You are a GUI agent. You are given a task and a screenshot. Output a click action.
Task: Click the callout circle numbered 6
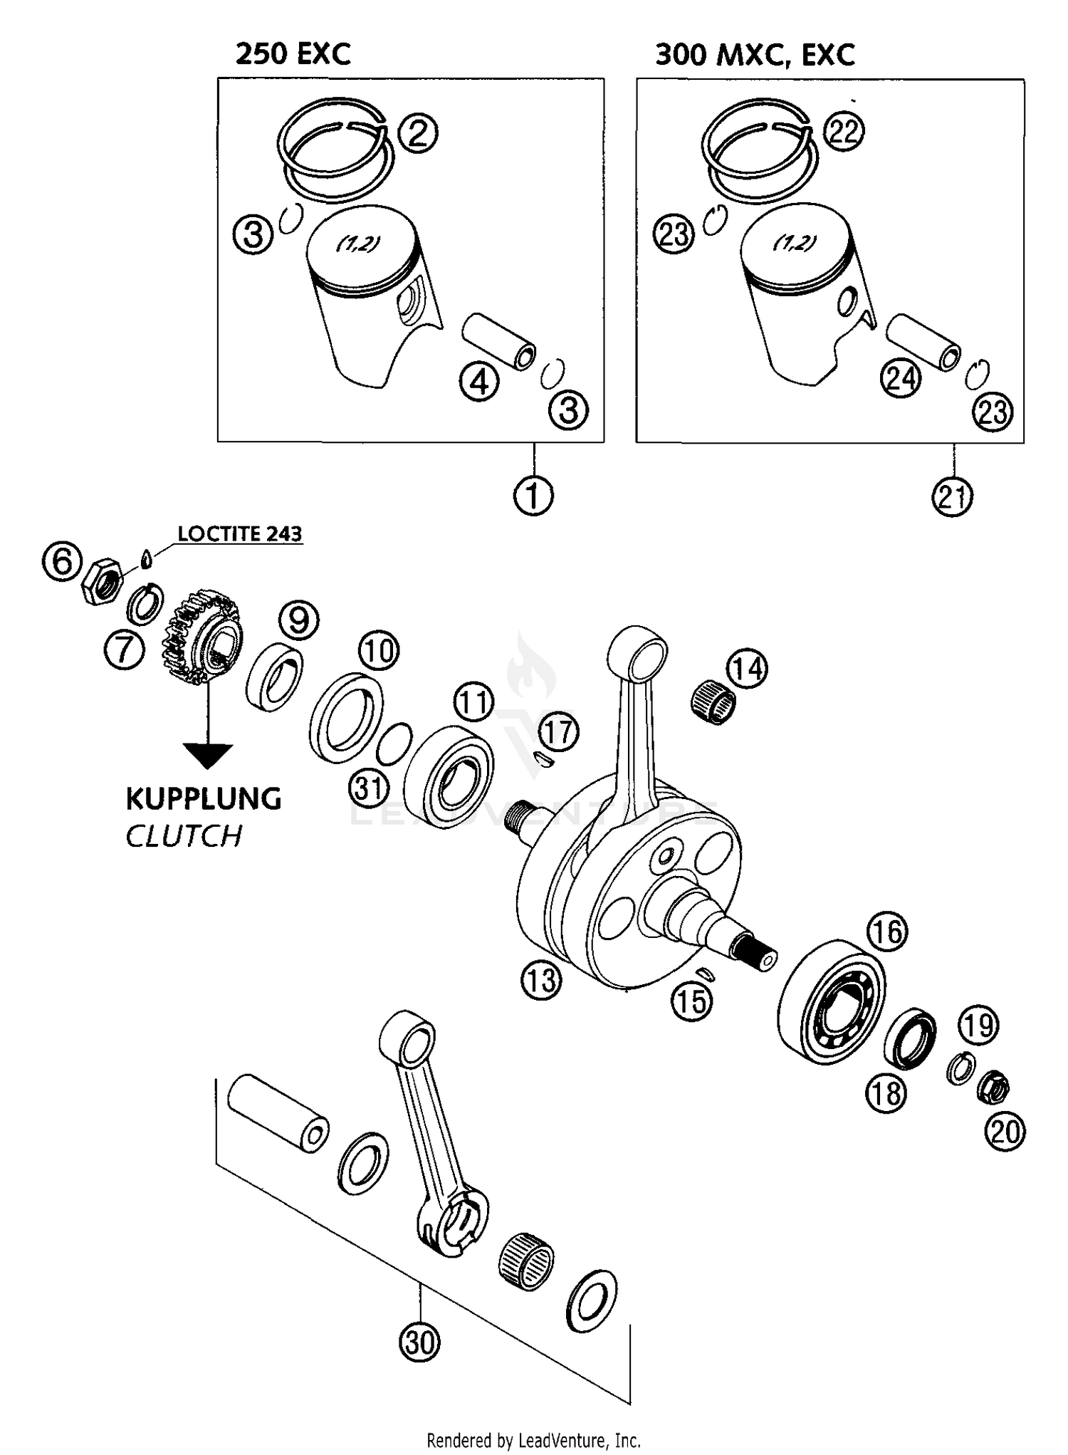tap(62, 561)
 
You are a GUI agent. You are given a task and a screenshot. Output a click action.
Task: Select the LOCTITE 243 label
tap(239, 534)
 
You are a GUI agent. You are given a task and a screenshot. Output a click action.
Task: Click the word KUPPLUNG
tap(204, 799)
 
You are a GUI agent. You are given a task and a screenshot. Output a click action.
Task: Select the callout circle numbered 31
tap(369, 788)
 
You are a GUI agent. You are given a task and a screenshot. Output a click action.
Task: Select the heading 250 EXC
tap(293, 54)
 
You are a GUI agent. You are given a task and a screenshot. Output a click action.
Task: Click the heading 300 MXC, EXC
tap(754, 54)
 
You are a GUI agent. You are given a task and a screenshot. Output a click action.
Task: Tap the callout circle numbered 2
tap(418, 132)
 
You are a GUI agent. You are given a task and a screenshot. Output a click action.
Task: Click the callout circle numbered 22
tap(844, 132)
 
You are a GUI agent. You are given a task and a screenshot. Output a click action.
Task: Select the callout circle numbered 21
tap(952, 496)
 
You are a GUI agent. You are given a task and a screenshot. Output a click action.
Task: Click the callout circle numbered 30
tap(419, 1342)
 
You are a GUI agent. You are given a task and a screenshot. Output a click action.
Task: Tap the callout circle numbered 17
tap(558, 732)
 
